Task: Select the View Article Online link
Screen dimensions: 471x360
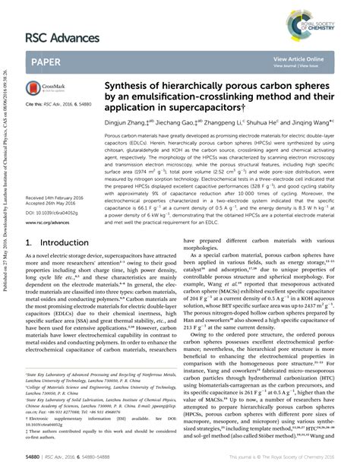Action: (298, 58)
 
